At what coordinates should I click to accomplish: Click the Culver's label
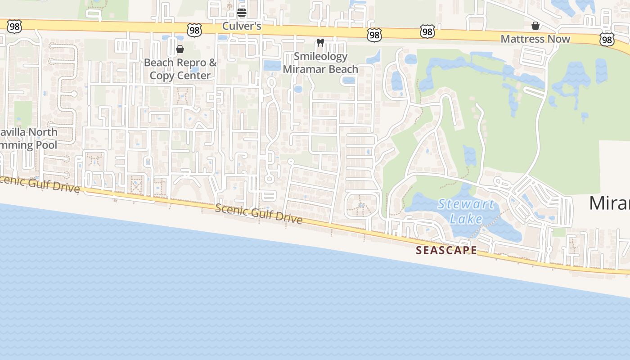[x=242, y=26]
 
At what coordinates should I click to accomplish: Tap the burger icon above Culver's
[x=242, y=12]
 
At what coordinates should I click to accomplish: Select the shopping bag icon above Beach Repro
[x=180, y=49]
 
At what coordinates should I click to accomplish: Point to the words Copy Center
[x=180, y=75]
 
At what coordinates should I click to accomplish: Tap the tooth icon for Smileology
[x=320, y=43]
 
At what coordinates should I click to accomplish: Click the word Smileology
[x=320, y=57]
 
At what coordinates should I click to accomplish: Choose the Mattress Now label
[x=535, y=39]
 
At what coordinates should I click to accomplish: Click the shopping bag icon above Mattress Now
[x=535, y=26]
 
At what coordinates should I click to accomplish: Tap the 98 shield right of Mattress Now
[x=607, y=40]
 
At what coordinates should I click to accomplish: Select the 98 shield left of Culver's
[x=194, y=30]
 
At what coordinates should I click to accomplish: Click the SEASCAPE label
[x=446, y=250]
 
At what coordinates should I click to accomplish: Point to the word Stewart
[x=466, y=204]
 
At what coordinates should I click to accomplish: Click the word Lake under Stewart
[x=466, y=219]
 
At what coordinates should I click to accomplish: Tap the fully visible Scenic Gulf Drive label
[x=258, y=213]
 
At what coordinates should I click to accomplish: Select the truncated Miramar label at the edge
[x=610, y=203]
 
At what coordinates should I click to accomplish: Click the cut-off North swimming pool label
[x=29, y=139]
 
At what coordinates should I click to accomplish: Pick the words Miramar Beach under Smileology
[x=320, y=69]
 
